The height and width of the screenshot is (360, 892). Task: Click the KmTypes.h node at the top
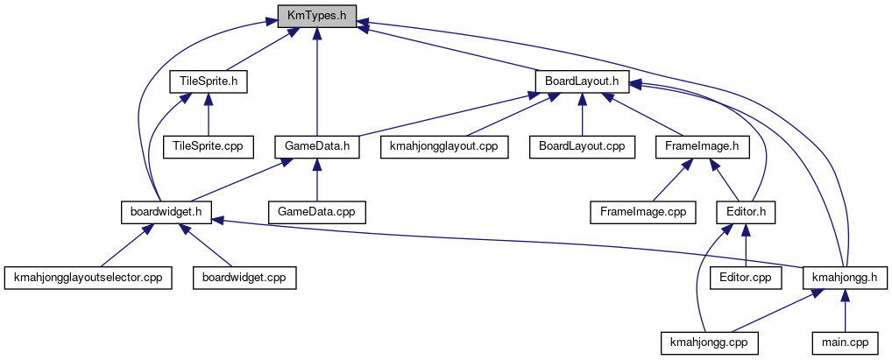click(316, 16)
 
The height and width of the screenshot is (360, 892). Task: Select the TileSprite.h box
click(208, 81)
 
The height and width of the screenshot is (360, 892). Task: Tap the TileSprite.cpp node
click(208, 146)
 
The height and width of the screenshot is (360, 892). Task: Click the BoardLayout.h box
click(582, 81)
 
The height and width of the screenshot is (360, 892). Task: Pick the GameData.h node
click(316, 146)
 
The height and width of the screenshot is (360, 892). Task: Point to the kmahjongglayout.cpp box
click(444, 146)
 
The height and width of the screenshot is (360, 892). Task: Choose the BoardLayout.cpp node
click(582, 146)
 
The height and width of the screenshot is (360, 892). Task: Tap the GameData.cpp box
click(316, 212)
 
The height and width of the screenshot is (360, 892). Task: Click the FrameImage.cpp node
click(642, 212)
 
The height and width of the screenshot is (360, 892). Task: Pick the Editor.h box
click(746, 212)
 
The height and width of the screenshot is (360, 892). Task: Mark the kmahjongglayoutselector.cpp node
click(88, 278)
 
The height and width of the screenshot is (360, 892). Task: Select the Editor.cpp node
click(746, 278)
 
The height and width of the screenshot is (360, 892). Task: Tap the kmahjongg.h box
click(846, 278)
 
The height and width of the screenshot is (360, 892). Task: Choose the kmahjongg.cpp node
click(710, 342)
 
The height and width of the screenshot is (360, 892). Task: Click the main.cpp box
click(846, 342)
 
